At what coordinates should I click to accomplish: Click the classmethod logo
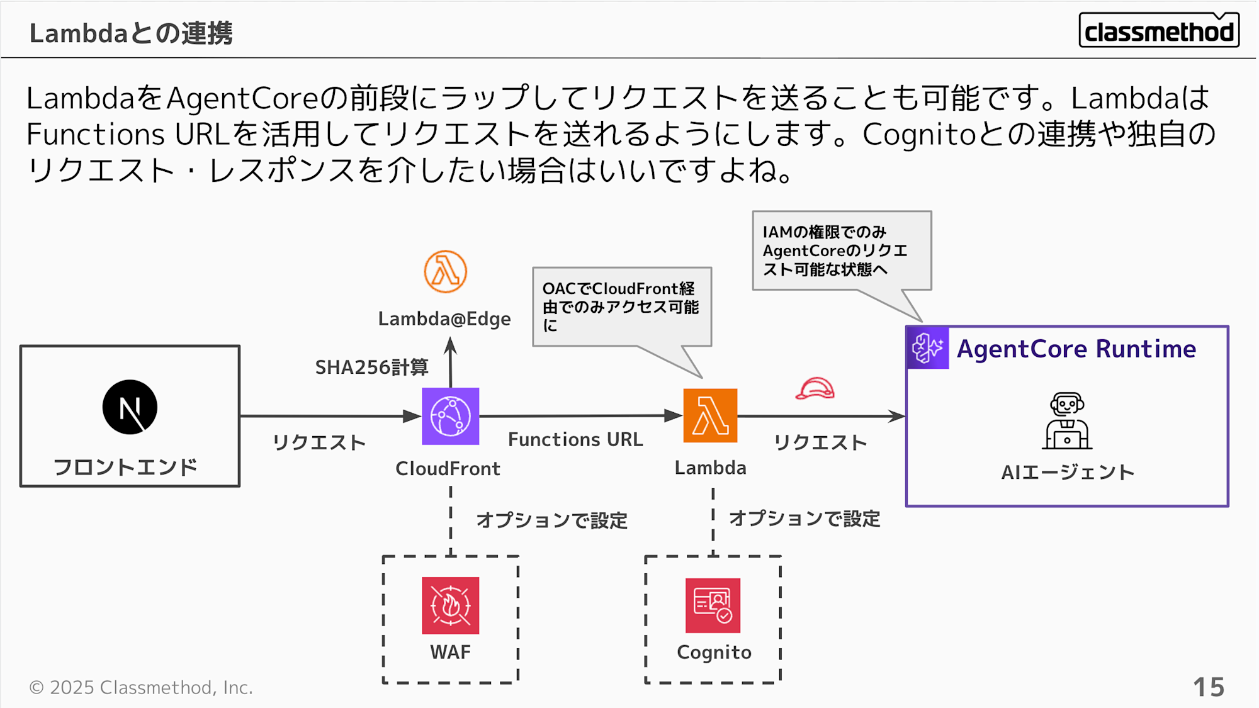coord(1158,30)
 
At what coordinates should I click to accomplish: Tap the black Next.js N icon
coord(130,407)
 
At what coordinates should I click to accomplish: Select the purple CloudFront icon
coord(450,416)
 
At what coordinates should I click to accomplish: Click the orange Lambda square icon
coord(710,415)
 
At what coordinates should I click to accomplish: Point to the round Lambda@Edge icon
coord(445,272)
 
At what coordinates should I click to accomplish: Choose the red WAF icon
coord(450,605)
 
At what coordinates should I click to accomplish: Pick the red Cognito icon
coord(713,605)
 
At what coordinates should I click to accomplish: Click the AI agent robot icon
coord(1066,421)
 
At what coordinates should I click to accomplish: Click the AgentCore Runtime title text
coord(1076,349)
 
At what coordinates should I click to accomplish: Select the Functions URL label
coord(575,439)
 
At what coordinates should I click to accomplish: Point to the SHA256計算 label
coord(371,367)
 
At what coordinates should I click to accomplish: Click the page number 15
coord(1209,687)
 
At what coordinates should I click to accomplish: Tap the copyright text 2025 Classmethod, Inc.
coord(141,687)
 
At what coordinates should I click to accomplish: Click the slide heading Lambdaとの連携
coord(131,33)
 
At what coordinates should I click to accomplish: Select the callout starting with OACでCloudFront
coord(621,307)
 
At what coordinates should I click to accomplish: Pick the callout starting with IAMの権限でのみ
coord(841,250)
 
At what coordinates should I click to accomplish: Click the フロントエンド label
coord(125,467)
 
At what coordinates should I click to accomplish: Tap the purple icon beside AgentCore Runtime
coord(927,347)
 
